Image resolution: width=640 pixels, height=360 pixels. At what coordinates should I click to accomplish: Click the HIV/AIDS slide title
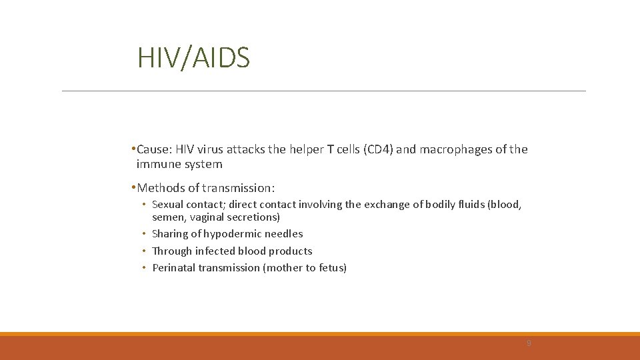[x=193, y=58]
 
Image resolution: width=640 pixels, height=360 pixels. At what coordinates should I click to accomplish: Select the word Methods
[x=161, y=188]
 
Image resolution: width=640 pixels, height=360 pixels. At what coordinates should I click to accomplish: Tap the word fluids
[x=470, y=205]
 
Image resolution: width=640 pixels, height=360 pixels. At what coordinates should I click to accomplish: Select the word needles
[x=284, y=234]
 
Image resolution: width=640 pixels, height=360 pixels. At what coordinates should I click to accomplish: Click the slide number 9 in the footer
[x=529, y=343]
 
